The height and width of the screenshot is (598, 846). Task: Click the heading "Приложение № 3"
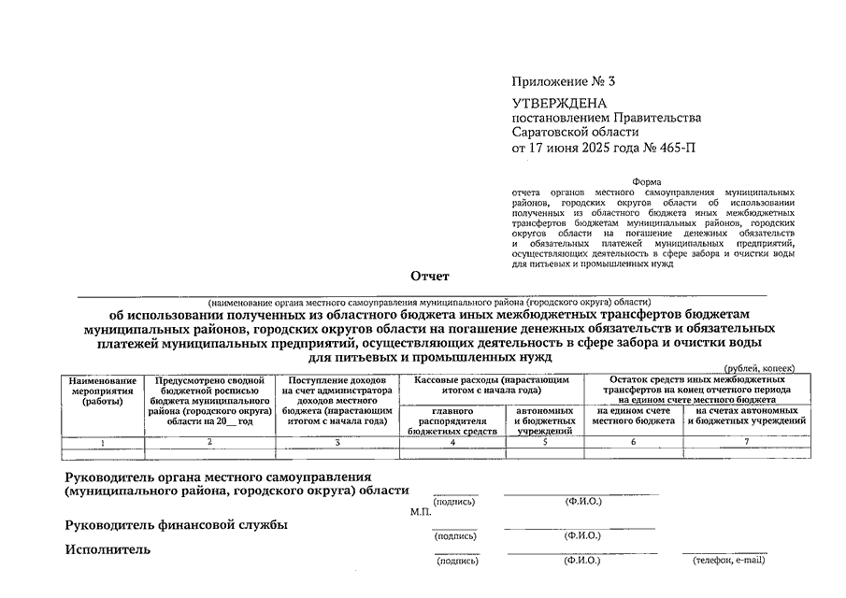tap(564, 81)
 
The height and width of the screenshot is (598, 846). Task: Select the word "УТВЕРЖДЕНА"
tap(559, 103)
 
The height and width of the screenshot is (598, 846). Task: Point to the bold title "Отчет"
tap(429, 276)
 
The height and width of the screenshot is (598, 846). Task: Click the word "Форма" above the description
tap(647, 181)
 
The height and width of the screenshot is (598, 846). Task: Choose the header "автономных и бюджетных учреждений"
tap(544, 420)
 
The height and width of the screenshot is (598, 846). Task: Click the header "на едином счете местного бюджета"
tap(633, 416)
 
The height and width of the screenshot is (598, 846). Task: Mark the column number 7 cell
tap(746, 441)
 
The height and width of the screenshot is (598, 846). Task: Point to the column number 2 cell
tap(209, 441)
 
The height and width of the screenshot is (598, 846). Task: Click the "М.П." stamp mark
tap(420, 512)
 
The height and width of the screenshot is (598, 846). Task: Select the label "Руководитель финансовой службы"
tap(176, 525)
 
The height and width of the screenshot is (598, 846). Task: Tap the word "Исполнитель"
tap(108, 549)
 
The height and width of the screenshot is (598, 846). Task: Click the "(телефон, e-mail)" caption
tap(728, 561)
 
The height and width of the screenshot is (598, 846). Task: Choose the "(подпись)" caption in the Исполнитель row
tap(456, 561)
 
